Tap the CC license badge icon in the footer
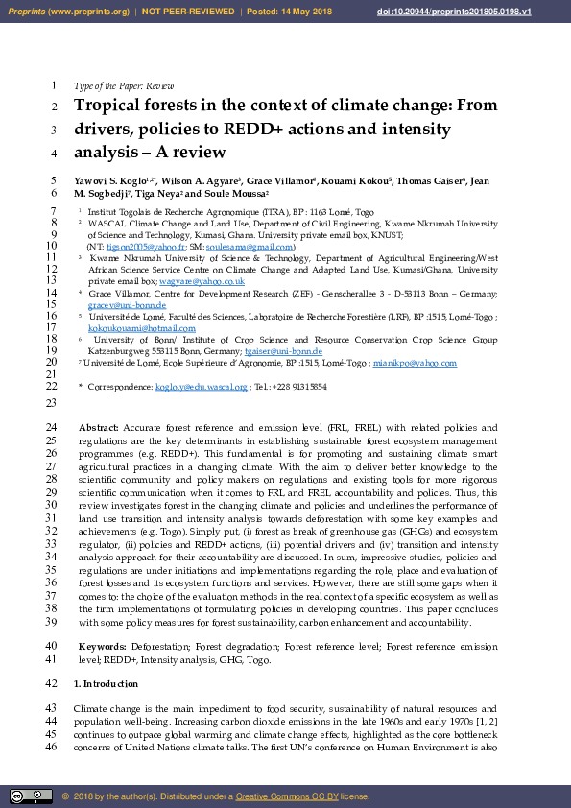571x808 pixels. tap(31, 796)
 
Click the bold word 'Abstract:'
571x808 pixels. tap(99, 427)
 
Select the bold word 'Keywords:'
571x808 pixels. tap(102, 646)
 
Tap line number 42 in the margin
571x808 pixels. tap(52, 683)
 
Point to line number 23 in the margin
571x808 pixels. tap(52, 404)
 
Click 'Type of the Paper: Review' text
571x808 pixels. tap(124, 86)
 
